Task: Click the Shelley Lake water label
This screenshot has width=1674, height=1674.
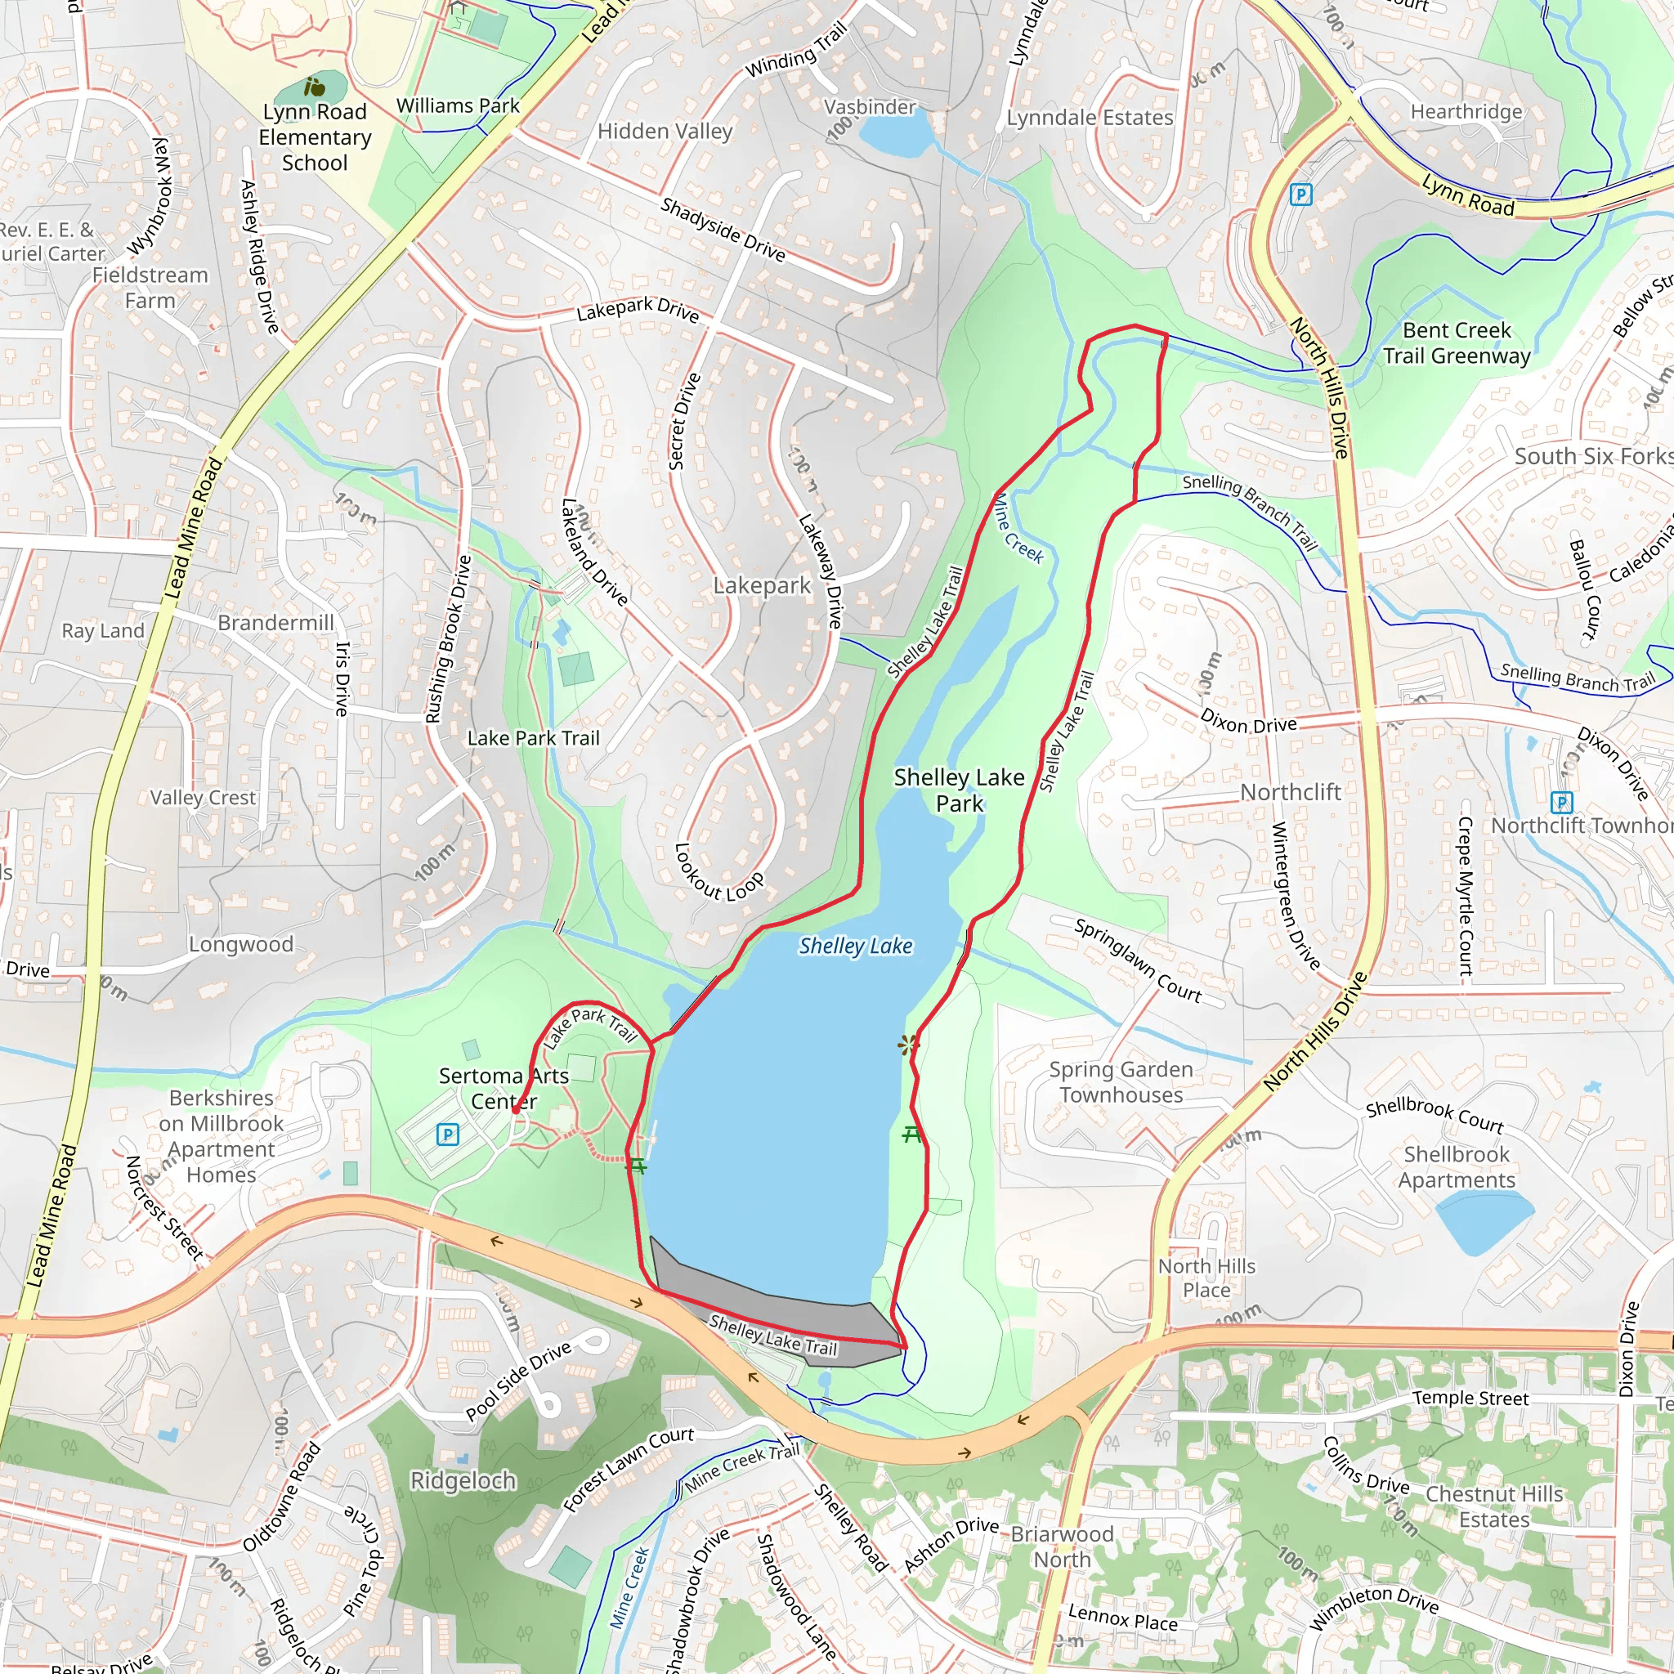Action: pyautogui.click(x=855, y=947)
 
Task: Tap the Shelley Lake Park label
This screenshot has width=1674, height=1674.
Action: pyautogui.click(x=958, y=790)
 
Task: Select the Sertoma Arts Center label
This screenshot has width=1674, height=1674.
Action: pyautogui.click(x=504, y=1088)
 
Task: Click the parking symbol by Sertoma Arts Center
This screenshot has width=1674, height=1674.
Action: pyautogui.click(x=447, y=1135)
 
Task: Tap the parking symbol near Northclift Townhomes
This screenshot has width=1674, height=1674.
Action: pyautogui.click(x=1560, y=802)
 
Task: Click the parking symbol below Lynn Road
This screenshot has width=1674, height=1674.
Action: pyautogui.click(x=1300, y=195)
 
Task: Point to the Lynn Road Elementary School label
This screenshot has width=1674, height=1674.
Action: pyautogui.click(x=315, y=137)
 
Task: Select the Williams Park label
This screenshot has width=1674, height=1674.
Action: pyautogui.click(x=458, y=105)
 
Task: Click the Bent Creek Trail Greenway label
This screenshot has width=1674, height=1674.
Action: pyautogui.click(x=1457, y=343)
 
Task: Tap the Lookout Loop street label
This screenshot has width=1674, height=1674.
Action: pyautogui.click(x=718, y=875)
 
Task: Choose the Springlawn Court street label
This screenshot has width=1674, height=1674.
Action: pyautogui.click(x=1138, y=961)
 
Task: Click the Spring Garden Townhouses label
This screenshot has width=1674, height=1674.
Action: pyautogui.click(x=1121, y=1082)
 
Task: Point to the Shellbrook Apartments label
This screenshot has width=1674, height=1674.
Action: pyautogui.click(x=1456, y=1167)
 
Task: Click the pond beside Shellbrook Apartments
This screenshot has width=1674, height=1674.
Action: pyautogui.click(x=1483, y=1221)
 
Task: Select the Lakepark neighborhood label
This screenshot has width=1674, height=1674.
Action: pyautogui.click(x=762, y=587)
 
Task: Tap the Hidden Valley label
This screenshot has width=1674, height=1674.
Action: pyautogui.click(x=665, y=132)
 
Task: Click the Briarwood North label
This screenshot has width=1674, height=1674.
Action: pyautogui.click(x=1062, y=1546)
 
